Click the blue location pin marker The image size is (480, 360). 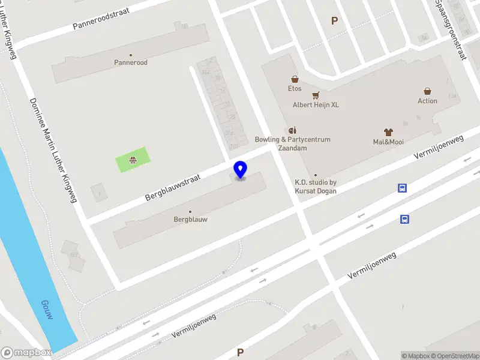coord(241,170)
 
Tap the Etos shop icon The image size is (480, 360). coord(295,79)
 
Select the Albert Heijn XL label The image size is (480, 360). coord(316,104)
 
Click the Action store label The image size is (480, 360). coord(427,101)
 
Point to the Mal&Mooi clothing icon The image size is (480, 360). coord(388,132)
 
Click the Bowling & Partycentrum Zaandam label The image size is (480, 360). coord(292,143)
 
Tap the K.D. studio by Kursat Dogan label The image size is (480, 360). coord(316,187)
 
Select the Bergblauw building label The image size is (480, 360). coord(190,220)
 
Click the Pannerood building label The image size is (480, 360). coord(131,62)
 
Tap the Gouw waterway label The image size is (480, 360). coord(47,309)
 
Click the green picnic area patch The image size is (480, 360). coord(133,160)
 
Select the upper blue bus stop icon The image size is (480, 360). coord(403,188)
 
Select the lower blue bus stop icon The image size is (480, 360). coord(405,219)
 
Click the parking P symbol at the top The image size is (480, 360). coord(335,20)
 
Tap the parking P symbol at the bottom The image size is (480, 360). coord(241,352)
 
